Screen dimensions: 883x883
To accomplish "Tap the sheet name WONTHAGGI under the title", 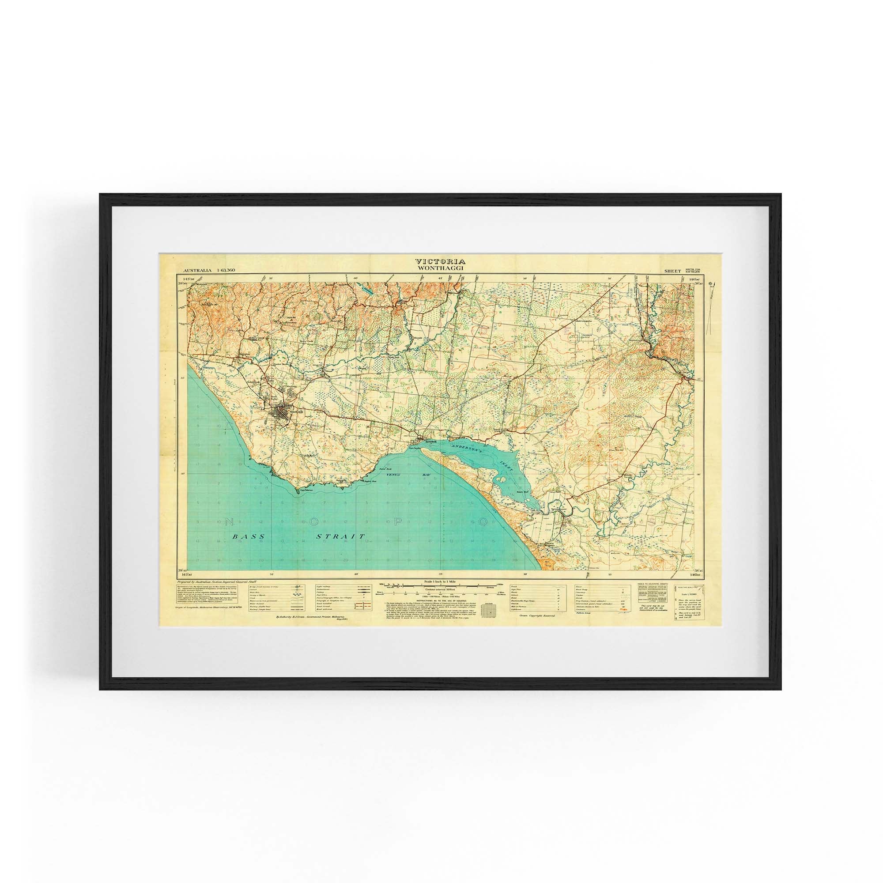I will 440,268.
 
